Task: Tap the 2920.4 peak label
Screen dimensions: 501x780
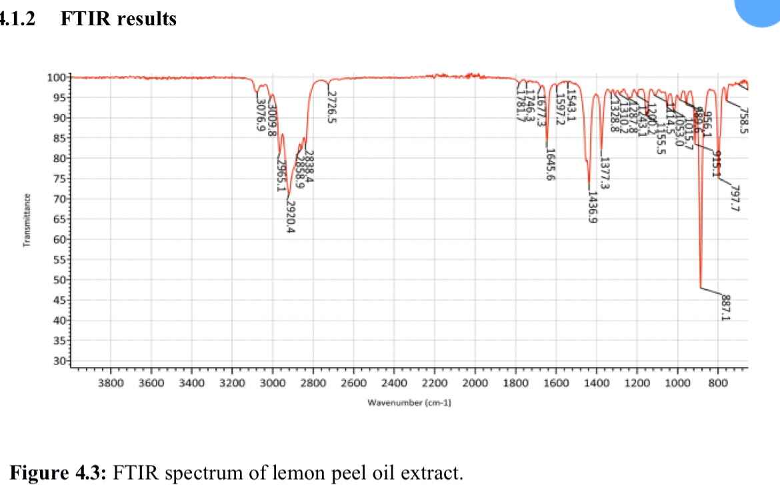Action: (291, 217)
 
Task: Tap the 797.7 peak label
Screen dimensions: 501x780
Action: (735, 197)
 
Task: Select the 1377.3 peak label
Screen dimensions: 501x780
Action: (605, 174)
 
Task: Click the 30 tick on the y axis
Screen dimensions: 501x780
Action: (58, 361)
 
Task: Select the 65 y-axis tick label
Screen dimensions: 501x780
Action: (58, 219)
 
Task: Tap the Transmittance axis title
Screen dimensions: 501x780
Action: (27, 220)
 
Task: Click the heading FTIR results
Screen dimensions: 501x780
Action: (118, 19)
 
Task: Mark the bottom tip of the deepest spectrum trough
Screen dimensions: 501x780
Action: (701, 288)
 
